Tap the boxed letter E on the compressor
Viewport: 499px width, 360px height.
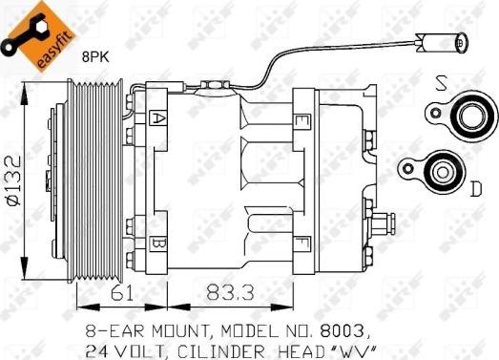(x=301, y=121)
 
